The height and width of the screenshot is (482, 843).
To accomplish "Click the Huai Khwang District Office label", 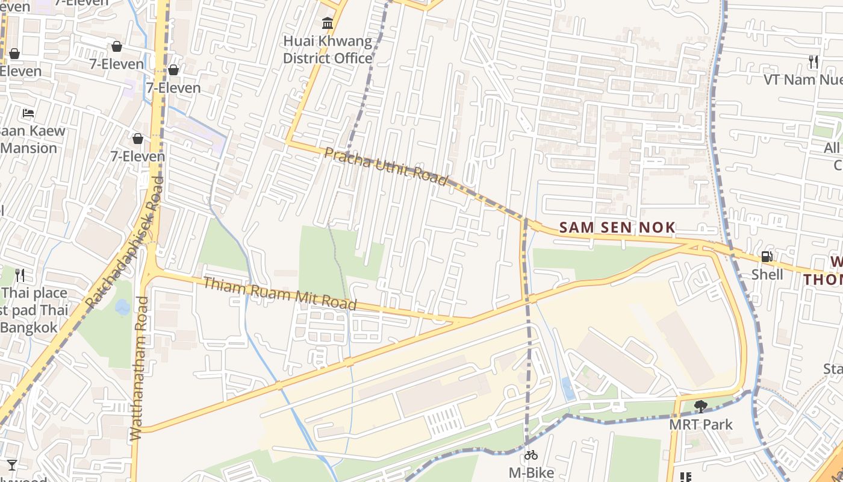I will click(x=328, y=50).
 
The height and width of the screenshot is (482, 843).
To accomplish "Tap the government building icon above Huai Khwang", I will click(x=328, y=23).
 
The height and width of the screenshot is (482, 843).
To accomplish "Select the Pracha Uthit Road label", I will click(x=386, y=166).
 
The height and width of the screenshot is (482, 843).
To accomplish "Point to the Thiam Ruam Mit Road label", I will click(x=280, y=293).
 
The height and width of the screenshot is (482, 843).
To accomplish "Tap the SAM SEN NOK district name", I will click(x=617, y=228).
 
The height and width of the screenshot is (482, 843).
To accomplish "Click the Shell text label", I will click(x=767, y=275).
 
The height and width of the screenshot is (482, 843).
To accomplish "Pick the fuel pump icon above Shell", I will click(x=767, y=257).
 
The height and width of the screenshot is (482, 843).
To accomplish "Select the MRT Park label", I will click(x=701, y=424).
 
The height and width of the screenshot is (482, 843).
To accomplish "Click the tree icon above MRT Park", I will click(x=700, y=407).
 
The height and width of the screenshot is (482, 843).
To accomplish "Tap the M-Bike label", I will click(x=531, y=472).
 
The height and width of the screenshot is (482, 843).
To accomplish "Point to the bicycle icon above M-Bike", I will click(x=531, y=455).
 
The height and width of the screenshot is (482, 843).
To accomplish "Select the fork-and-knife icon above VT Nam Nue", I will click(x=813, y=61).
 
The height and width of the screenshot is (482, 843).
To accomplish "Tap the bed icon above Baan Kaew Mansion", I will click(x=28, y=113).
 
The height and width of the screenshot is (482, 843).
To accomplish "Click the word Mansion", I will click(x=29, y=148).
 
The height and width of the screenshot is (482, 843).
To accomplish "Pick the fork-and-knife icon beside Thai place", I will click(x=20, y=275).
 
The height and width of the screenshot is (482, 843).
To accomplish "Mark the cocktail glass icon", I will click(x=12, y=465).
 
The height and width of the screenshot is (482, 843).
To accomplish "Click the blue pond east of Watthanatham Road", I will click(x=122, y=308).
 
